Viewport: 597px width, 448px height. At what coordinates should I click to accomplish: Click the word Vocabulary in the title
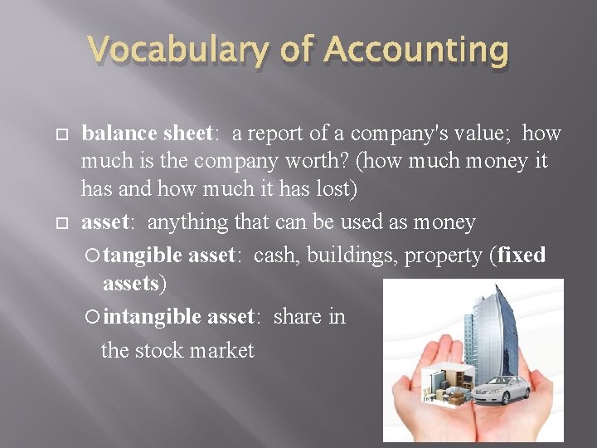pos(177,50)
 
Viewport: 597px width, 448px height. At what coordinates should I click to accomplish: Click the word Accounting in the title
pos(415,50)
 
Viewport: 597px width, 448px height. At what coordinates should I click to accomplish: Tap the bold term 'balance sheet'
pos(147,133)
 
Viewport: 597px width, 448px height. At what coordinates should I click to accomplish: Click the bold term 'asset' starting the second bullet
pos(104,222)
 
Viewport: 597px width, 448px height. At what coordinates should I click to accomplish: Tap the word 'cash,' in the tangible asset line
pos(277,255)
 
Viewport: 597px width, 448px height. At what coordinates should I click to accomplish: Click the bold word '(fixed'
pos(520,255)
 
